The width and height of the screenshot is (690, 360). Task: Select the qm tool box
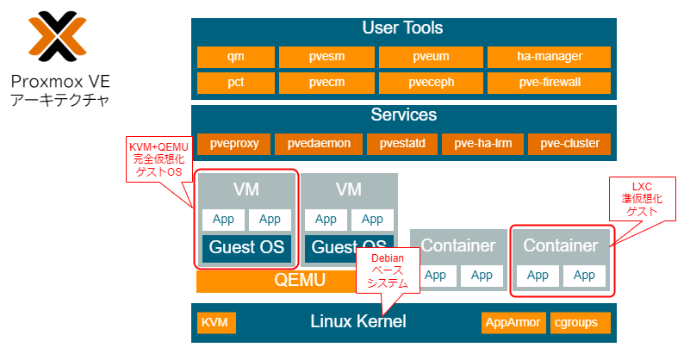[x=235, y=57]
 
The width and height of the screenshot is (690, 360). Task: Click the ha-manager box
[x=549, y=57]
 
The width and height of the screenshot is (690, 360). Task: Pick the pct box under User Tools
[x=235, y=83]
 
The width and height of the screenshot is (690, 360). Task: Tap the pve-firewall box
[x=549, y=83]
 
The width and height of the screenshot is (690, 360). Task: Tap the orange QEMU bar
[x=276, y=280]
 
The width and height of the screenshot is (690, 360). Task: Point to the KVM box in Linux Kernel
[x=214, y=323]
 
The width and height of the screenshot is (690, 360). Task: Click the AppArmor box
[x=513, y=323]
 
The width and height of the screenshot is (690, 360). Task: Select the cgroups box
[x=580, y=323]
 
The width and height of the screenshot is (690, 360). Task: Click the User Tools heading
[x=403, y=28]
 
